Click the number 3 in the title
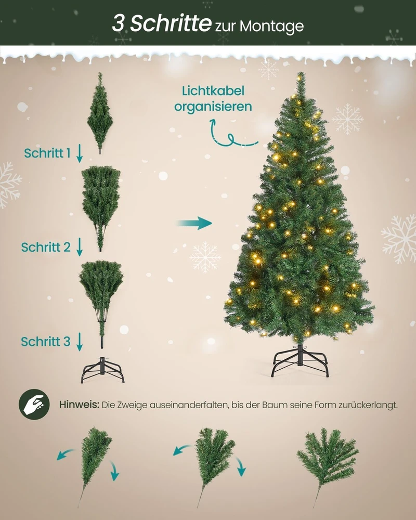119,23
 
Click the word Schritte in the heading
171,23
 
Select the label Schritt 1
47,153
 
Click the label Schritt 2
46,247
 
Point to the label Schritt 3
46,341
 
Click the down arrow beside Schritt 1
80,153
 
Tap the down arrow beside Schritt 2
80,247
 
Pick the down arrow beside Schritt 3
80,342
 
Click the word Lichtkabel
213,91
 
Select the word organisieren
213,107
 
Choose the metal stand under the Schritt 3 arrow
102,370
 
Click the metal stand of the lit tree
300,361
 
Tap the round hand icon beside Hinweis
34,404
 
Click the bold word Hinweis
79,405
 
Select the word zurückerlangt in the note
368,405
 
